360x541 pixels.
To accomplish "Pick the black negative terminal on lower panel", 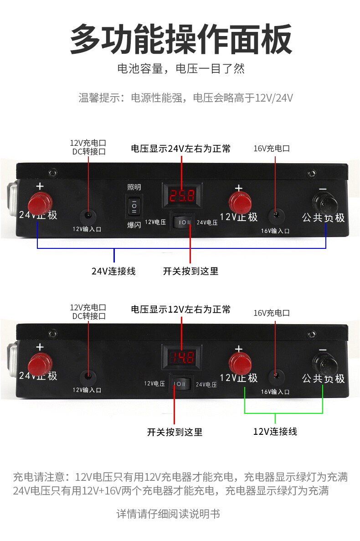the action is pyautogui.click(x=324, y=363).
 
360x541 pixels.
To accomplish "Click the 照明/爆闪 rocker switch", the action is pyautogui.click(x=134, y=206).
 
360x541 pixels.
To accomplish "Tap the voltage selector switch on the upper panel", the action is pyautogui.click(x=183, y=222).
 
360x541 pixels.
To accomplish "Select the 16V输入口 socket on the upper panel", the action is pyautogui.click(x=275, y=215).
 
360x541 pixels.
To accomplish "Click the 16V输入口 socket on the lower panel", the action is pyautogui.click(x=275, y=376).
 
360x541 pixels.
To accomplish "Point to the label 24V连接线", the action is pyautogui.click(x=113, y=271).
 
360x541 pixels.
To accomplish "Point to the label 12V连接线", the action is pyautogui.click(x=275, y=431).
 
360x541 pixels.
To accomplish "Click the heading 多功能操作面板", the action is pyautogui.click(x=180, y=40).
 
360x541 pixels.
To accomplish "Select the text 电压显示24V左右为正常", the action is pyautogui.click(x=181, y=149).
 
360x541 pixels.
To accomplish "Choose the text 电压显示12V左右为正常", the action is pyautogui.click(x=181, y=310).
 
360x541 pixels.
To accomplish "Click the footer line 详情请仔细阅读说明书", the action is pyautogui.click(x=168, y=514).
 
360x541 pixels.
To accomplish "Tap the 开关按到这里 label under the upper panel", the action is pyautogui.click(x=190, y=271).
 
